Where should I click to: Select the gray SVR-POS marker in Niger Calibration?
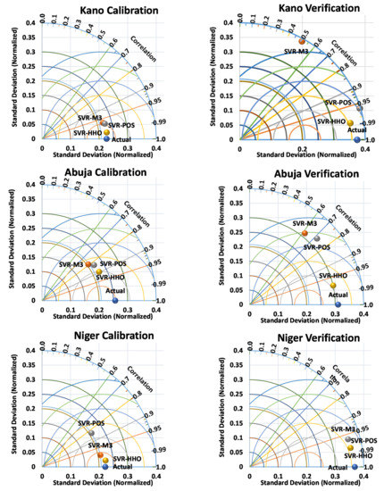(x=91, y=432)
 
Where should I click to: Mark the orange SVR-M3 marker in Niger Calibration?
(x=100, y=454)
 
